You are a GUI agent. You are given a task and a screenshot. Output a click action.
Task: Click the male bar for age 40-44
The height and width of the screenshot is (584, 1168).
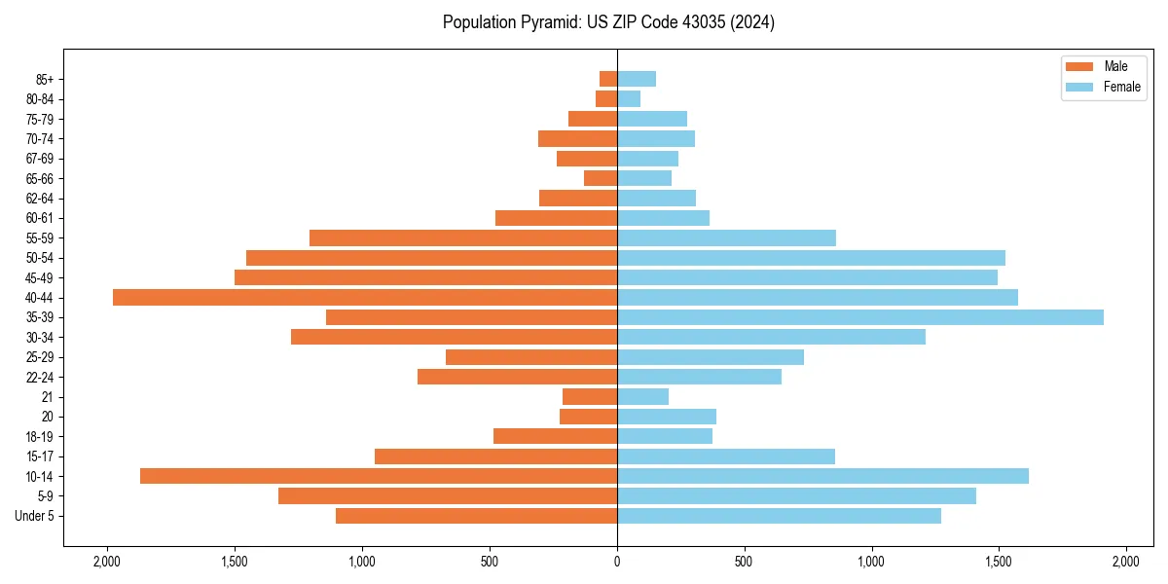pos(365,297)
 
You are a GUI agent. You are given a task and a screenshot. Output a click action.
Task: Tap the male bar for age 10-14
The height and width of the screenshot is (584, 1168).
pos(379,476)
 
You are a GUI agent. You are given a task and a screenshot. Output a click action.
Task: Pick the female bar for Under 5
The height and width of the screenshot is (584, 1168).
pos(779,516)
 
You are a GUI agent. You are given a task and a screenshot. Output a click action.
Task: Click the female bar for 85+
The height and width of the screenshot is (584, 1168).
pos(637,79)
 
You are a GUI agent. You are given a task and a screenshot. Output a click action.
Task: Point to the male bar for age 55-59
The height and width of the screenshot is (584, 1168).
pos(463,237)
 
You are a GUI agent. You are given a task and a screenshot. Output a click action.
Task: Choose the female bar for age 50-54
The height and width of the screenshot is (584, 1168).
pos(811,258)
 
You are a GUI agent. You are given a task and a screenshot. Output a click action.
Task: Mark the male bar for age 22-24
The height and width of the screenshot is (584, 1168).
pos(517,377)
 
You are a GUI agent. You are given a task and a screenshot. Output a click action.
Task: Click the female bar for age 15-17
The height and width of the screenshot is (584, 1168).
pos(726,456)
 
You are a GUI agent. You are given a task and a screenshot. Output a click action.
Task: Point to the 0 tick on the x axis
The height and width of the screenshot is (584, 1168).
pos(617,562)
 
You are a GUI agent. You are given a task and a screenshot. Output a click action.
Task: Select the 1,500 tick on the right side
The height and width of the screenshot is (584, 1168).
pos(999,562)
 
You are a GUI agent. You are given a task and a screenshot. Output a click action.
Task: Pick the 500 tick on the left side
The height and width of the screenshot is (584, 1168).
pos(490,562)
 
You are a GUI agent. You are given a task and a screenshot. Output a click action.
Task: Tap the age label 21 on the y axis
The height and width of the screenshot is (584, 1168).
pos(46,397)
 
